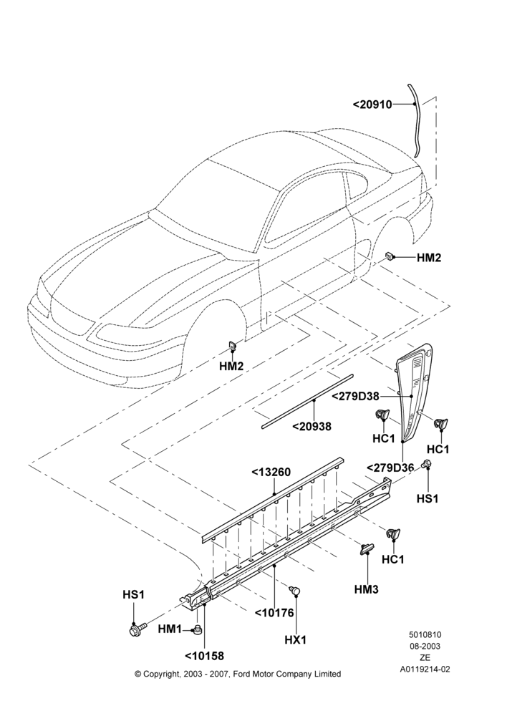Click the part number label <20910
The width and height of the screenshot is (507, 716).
[x=372, y=105]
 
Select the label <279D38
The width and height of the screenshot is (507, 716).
[x=355, y=397]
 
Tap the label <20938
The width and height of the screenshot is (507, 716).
[x=312, y=427]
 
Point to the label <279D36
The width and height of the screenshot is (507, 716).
[x=390, y=468]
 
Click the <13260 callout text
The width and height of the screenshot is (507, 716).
[x=271, y=472]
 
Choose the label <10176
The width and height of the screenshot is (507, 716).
[x=274, y=613]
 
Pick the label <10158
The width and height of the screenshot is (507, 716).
[x=205, y=656]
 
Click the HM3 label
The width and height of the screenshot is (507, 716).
[x=367, y=589]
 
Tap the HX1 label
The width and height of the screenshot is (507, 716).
[x=296, y=640]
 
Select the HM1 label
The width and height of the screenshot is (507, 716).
[x=170, y=629]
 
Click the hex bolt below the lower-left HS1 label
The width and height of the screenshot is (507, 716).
[x=137, y=629]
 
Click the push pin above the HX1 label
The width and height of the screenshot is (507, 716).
[x=295, y=591]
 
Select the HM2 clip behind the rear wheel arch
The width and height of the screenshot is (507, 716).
[x=390, y=256]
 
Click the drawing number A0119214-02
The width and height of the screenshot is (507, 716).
[x=425, y=669]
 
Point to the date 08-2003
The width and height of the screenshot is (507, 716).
[x=425, y=646]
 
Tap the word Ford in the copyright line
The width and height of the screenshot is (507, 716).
[x=243, y=674]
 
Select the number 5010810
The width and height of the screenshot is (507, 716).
[x=425, y=634]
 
